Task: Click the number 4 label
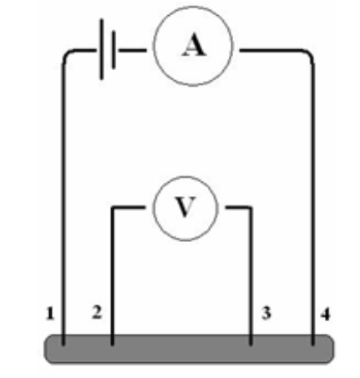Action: (x=323, y=315)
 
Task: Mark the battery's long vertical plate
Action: (x=102, y=52)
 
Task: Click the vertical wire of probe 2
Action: (x=113, y=275)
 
